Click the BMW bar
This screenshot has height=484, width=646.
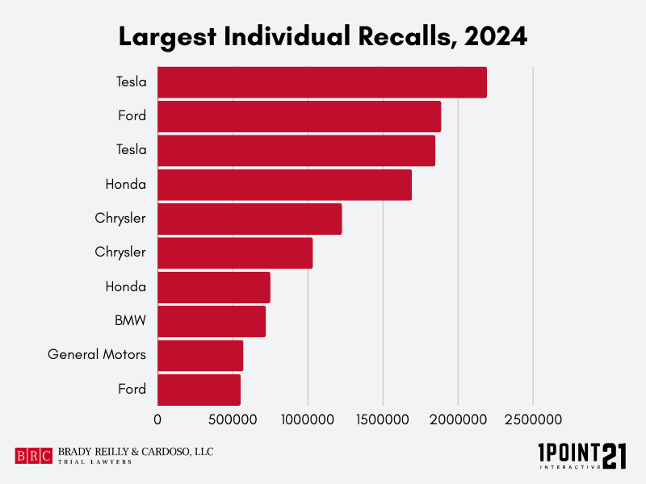[x=212, y=321]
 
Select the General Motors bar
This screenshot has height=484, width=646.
[x=200, y=355]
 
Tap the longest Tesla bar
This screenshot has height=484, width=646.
[x=321, y=82]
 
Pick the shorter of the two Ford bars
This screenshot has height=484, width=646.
[x=199, y=390]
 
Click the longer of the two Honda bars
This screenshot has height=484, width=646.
[x=284, y=185]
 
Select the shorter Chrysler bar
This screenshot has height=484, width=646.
[x=235, y=252]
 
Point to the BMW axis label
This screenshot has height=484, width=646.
[x=130, y=321]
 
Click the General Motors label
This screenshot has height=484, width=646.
[x=97, y=355]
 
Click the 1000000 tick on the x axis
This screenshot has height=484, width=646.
[x=308, y=420]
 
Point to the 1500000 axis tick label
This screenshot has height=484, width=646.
[x=383, y=420]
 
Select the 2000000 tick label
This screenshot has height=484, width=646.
[x=458, y=420]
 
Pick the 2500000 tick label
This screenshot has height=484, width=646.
[x=533, y=420]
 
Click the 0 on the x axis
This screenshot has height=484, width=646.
[x=157, y=420]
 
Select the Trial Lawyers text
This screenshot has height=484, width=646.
[x=94, y=462]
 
